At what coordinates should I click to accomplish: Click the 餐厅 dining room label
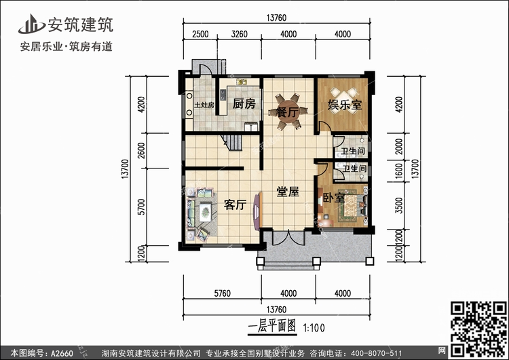288,112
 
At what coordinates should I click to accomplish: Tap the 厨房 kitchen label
244,104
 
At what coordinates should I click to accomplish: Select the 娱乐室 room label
345,105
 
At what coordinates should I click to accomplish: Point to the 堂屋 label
288,192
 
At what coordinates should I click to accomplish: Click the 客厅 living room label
235,204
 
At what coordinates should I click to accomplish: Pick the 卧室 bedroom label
334,198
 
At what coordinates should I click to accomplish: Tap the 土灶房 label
204,105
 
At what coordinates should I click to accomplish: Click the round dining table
288,112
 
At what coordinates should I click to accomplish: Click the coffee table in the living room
205,212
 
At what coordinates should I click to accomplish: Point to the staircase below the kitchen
232,143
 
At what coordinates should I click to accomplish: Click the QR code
478,329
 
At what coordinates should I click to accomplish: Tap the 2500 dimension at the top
200,34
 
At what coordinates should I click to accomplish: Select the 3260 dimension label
240,34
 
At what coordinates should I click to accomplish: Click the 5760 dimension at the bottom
223,293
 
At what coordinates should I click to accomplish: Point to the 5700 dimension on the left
141,206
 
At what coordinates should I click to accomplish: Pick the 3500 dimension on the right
399,205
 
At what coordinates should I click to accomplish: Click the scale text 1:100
314,328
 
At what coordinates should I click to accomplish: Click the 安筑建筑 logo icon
31,24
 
